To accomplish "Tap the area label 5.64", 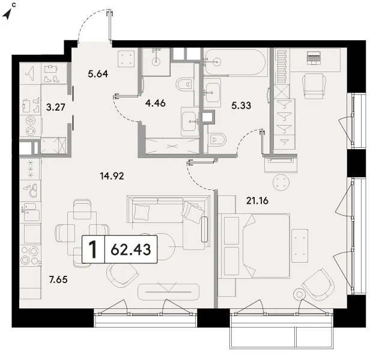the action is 98,74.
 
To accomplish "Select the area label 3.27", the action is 56,107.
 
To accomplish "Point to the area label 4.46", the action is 156,103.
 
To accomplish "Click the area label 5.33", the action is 241,105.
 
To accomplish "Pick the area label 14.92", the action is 112,176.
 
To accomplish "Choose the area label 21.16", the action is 257,200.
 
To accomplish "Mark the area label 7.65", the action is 58,279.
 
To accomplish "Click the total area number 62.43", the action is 131,249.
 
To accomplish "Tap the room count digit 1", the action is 92,249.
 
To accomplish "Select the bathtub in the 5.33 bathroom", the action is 235,62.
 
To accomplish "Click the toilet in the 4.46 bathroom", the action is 186,84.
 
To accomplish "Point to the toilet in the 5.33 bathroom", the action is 217,139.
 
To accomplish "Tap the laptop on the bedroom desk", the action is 314,58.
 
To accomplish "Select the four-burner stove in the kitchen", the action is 30,255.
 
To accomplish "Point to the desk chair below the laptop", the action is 314,86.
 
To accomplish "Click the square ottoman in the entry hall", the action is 126,59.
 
